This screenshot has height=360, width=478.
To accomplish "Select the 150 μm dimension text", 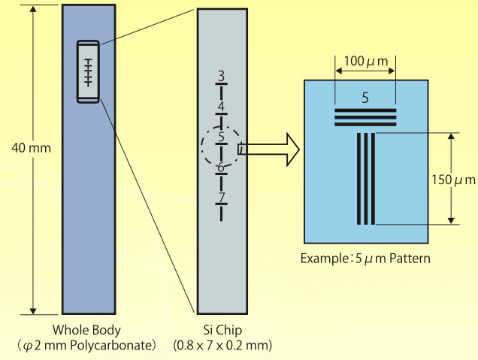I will tap(454, 180).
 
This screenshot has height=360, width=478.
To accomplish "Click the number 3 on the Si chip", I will tap(221, 75).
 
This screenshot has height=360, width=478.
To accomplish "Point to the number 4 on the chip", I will tap(221, 106).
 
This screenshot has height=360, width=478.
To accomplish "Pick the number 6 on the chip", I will tap(221, 167).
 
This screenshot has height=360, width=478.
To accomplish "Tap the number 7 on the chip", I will tap(221, 197).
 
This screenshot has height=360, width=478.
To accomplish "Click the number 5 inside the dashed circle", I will tap(221, 136).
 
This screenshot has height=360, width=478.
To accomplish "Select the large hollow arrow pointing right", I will tap(269, 149).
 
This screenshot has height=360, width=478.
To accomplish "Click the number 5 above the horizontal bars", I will tap(365, 98).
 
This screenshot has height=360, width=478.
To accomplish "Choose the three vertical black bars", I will tap(365, 179).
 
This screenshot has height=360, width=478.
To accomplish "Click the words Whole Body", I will tap(86, 330).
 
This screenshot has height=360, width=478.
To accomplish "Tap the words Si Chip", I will tap(222, 330).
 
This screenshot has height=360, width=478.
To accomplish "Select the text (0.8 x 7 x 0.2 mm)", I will tap(222, 346).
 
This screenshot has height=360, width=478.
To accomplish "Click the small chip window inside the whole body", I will tap(88, 71).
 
